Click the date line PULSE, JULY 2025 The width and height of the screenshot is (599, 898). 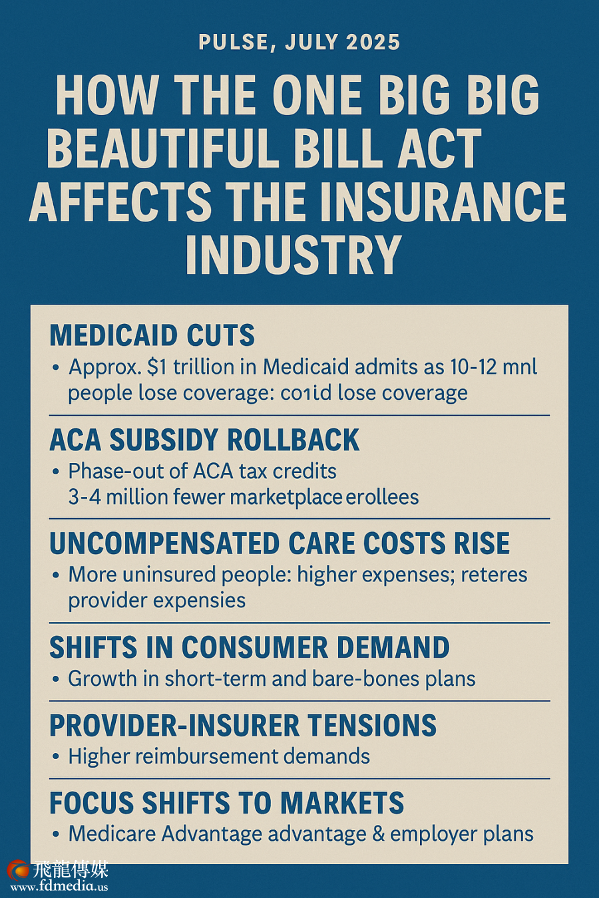[x=299, y=43]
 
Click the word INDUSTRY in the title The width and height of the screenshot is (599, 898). [x=294, y=254]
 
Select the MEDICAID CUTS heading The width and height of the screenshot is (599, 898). [x=152, y=335]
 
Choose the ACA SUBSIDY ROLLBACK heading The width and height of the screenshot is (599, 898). [x=204, y=440]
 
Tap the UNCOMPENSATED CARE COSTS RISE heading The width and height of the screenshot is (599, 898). [x=280, y=543]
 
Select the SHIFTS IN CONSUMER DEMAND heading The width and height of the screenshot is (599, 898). [x=250, y=647]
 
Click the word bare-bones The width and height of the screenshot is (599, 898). [x=363, y=678]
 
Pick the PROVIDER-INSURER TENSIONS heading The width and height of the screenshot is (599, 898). [x=243, y=725]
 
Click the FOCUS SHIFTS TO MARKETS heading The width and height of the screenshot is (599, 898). [x=227, y=803]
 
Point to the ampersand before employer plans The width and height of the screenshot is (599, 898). [x=378, y=834]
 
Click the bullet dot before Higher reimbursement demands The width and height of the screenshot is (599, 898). [x=56, y=757]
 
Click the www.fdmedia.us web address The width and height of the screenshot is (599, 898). [x=59, y=886]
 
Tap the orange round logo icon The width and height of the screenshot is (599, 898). [x=19, y=871]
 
